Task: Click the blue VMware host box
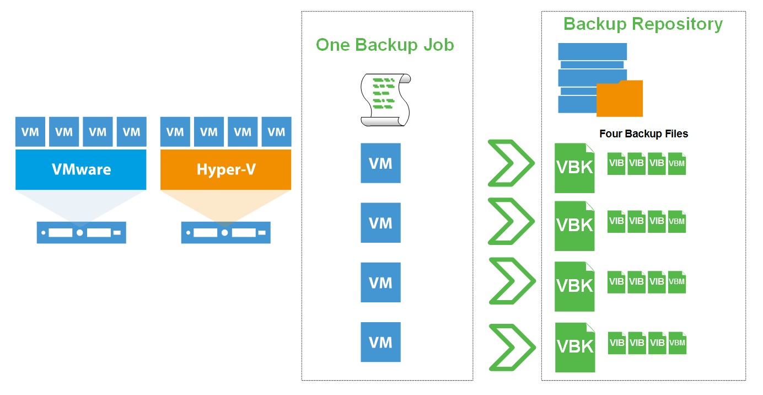(80, 169)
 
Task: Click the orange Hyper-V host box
(225, 169)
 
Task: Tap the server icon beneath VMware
(81, 233)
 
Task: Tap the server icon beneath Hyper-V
(225, 233)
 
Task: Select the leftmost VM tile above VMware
(30, 132)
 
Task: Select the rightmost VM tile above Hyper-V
(276, 132)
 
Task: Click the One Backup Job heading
(385, 45)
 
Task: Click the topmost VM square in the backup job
(380, 163)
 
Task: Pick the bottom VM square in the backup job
(380, 343)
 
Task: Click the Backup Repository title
(643, 24)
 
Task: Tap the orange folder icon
(620, 99)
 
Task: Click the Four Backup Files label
(643, 134)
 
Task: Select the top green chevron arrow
(511, 163)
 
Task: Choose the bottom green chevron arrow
(512, 348)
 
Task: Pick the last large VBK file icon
(574, 347)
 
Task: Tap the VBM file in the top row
(676, 164)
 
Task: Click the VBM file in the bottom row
(676, 343)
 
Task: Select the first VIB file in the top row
(616, 164)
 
